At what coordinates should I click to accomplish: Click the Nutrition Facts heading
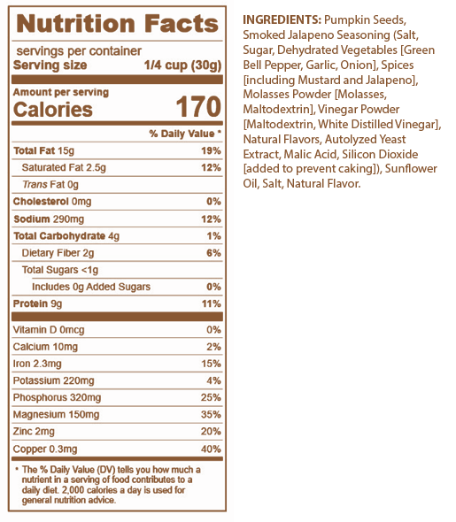coord(117,24)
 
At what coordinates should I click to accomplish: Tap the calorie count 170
coord(198,107)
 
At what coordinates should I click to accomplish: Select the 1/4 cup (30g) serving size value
coord(182,65)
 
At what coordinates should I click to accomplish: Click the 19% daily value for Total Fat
coord(211,150)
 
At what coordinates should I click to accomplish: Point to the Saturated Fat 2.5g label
coord(64,167)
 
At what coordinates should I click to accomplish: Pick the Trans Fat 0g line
coord(50,184)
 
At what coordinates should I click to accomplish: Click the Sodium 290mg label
coord(49,219)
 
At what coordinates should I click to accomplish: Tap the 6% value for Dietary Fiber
coord(213,253)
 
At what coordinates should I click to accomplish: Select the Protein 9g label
coord(37,304)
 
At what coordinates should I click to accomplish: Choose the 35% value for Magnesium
coord(211,414)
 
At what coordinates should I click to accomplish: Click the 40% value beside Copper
coord(211,449)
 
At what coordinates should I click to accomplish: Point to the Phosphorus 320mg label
coord(57,397)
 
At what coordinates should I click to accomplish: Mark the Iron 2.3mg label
coord(37,364)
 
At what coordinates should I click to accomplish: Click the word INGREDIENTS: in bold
coord(282,20)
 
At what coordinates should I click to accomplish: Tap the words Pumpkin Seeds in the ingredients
coord(365,20)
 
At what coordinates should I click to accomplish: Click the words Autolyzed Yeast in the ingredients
coord(366,139)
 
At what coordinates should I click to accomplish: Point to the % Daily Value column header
coord(185,134)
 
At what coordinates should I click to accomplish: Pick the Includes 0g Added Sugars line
coord(91,287)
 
